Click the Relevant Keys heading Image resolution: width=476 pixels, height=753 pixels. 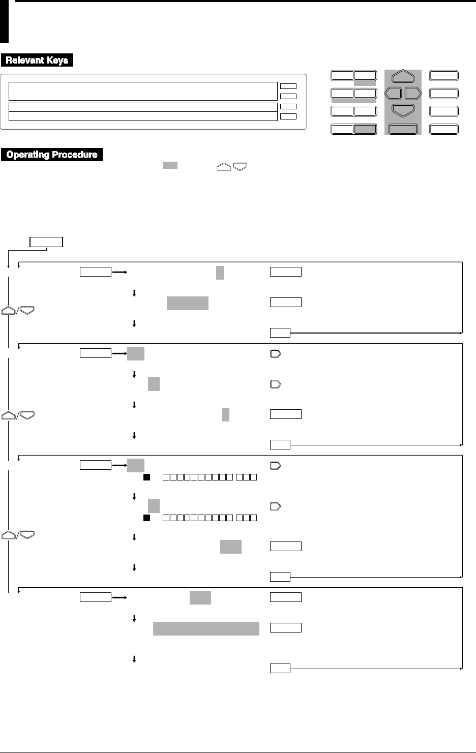point(37,61)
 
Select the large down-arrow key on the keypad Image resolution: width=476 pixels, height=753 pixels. point(403,110)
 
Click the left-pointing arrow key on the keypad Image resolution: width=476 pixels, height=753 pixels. point(393,94)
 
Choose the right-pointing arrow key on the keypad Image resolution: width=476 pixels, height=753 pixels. point(413,94)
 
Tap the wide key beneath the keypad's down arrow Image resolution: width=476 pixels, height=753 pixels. point(403,129)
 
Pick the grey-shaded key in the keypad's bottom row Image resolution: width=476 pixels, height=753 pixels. point(365,129)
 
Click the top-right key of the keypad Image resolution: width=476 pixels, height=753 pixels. point(443,76)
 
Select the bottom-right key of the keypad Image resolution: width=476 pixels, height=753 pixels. point(443,129)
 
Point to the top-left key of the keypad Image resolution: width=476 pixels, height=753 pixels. point(342,76)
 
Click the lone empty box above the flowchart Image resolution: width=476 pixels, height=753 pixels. point(46,242)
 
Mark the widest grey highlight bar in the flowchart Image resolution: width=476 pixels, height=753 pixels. point(206,628)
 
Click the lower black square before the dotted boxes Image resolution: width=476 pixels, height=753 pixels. point(145,518)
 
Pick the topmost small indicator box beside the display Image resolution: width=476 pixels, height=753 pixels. point(288,86)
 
